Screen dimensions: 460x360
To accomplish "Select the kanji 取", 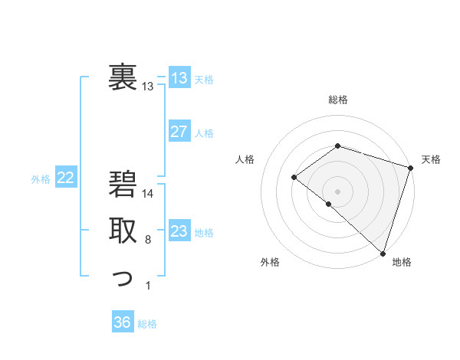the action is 123,231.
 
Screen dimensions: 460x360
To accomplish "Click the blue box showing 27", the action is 179,132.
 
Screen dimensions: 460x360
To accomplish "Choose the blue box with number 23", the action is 179,231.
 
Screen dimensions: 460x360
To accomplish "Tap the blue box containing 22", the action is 66,178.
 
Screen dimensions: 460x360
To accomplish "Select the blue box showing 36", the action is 122,322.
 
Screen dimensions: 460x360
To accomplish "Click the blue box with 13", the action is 179,78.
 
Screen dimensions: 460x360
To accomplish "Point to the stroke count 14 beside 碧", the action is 148,195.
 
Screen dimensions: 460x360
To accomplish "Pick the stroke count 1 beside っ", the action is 148,286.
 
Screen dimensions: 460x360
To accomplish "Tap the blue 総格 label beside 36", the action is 147,323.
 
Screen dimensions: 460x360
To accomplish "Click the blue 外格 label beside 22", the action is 41,179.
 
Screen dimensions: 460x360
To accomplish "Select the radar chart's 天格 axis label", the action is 431,159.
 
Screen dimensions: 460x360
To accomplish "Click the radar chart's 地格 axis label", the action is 402,262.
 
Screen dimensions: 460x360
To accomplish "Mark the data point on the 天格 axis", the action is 410,167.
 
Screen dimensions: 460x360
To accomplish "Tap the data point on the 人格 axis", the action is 294,177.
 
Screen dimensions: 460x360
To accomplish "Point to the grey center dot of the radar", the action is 337,191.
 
